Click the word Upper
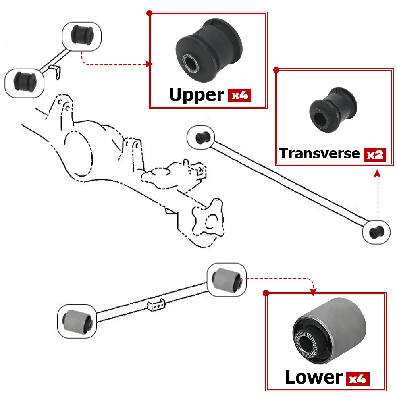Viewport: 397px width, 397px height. (197, 95)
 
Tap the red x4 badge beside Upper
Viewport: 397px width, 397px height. (240, 95)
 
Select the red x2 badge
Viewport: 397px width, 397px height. (375, 154)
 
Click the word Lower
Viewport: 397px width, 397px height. (314, 377)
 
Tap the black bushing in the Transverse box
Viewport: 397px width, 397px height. (332, 110)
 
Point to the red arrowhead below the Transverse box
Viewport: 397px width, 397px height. (377, 173)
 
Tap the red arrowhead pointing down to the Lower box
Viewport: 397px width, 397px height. (313, 293)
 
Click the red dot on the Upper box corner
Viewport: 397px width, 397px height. (150, 13)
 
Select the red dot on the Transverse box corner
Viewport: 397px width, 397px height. (276, 70)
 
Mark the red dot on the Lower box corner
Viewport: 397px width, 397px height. (266, 293)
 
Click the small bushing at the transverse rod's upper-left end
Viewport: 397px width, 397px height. (200, 137)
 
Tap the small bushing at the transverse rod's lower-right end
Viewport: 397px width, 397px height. (374, 232)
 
